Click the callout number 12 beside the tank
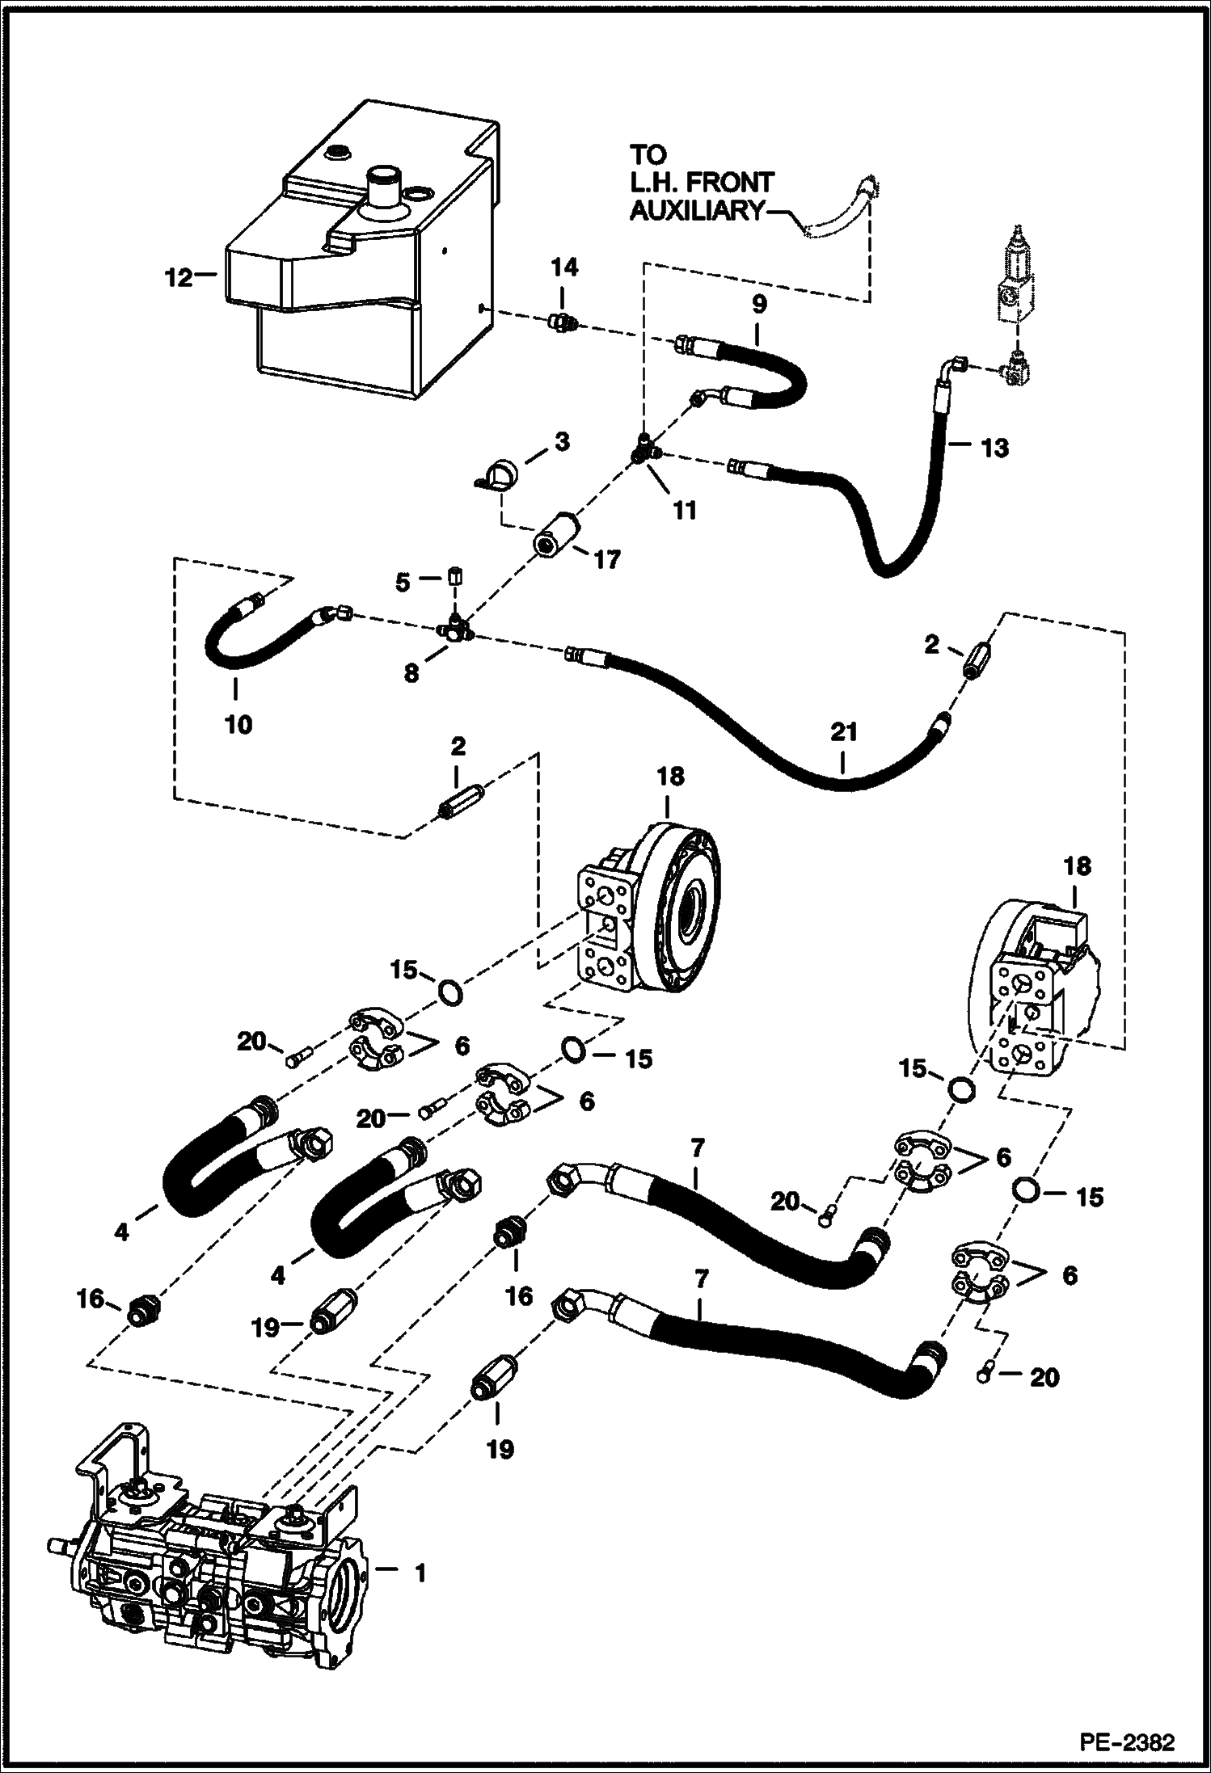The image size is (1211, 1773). (178, 277)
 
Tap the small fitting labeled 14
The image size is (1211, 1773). (559, 323)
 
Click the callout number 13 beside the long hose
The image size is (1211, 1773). (994, 447)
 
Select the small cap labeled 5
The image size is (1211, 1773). (455, 576)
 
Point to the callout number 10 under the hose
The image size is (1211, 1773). (238, 723)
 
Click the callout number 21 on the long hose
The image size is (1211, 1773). (843, 732)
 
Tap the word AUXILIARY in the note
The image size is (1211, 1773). (695, 212)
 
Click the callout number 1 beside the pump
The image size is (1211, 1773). (419, 1573)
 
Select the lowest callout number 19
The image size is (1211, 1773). (500, 1449)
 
